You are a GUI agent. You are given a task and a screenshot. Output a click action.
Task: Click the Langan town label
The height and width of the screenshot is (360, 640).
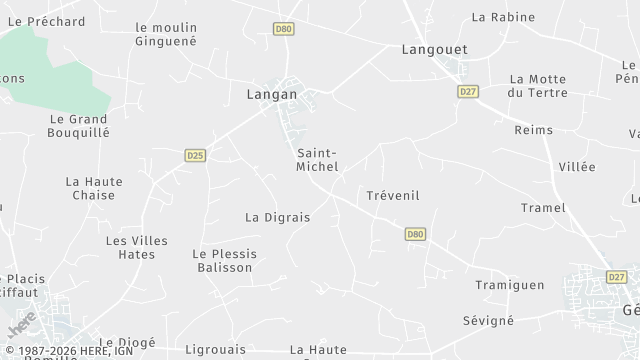click(x=272, y=94)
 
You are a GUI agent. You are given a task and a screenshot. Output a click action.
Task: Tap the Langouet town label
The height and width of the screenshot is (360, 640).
click(x=428, y=49)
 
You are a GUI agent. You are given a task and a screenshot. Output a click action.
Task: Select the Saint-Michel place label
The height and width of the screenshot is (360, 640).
click(x=318, y=160)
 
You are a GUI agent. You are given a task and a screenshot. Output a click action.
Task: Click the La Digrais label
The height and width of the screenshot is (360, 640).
click(x=278, y=217)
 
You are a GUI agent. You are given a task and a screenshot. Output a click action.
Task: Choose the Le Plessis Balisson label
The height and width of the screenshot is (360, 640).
click(x=224, y=261)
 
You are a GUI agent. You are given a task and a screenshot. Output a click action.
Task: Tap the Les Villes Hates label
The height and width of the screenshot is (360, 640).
click(x=137, y=248)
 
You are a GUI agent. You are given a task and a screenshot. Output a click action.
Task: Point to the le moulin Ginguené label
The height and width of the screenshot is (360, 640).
click(x=166, y=34)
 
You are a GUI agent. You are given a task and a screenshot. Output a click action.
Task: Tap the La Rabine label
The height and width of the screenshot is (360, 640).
click(x=503, y=17)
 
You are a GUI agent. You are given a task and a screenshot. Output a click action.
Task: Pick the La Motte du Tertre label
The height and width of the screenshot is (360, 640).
click(x=538, y=86)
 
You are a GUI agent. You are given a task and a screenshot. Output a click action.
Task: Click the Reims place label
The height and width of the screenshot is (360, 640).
click(x=533, y=130)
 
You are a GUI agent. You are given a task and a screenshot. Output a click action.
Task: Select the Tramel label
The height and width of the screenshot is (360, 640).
click(x=543, y=208)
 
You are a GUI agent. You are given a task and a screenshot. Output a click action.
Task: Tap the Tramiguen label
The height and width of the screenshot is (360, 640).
click(x=510, y=285)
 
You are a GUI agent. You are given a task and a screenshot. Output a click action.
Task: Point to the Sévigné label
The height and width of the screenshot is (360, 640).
click(x=488, y=321)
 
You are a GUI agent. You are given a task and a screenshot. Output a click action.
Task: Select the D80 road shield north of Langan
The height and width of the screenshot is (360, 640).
click(x=283, y=30)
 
